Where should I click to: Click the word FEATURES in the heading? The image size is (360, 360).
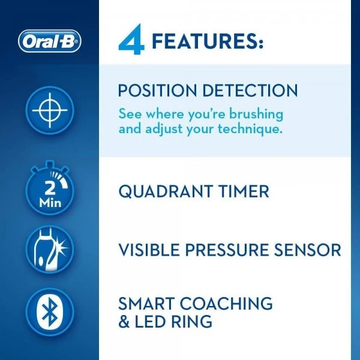point(207,41)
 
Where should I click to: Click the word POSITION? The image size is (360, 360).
point(158,91)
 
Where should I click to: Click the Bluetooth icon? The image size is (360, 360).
point(50,311)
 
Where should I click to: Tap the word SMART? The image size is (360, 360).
point(147,303)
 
